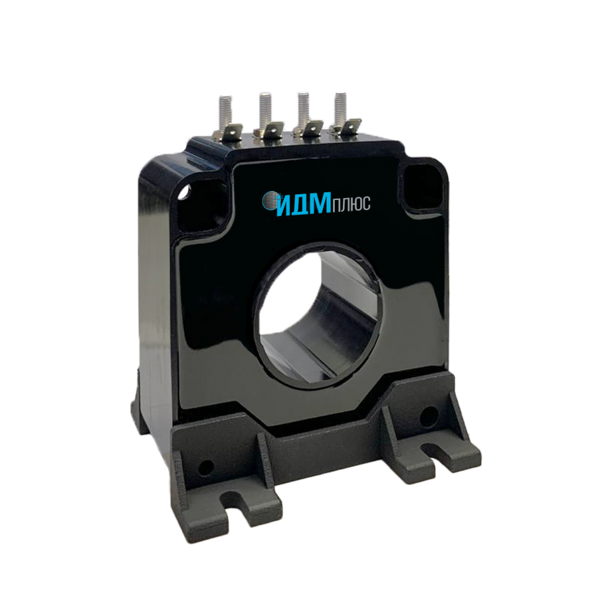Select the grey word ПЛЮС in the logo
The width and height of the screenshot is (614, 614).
pos(351,204)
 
